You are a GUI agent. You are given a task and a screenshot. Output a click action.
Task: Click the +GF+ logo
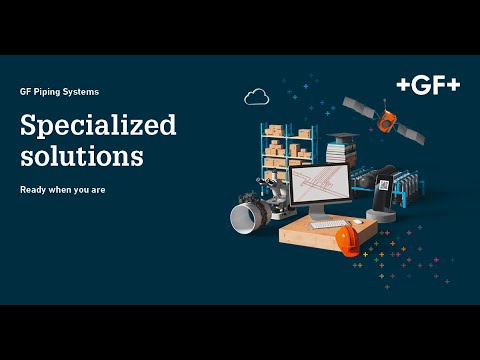(x=428, y=86)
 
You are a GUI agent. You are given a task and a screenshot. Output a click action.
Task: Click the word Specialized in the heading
(x=98, y=125)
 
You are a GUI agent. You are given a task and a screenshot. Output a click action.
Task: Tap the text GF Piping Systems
(x=59, y=92)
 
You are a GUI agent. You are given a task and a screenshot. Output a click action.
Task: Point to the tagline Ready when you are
(x=61, y=189)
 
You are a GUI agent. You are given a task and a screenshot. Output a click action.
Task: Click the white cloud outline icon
(x=256, y=97)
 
